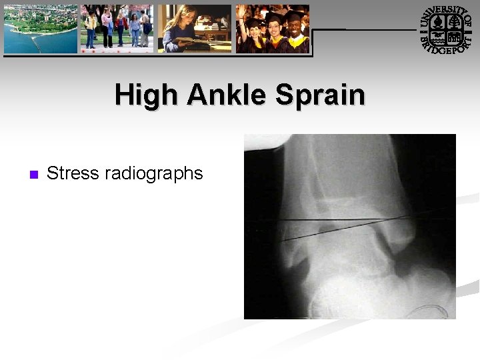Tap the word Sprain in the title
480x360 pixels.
click(331, 95)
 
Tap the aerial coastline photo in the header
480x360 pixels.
click(41, 29)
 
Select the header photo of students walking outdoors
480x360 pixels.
click(117, 29)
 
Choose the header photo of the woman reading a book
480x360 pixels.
click(194, 29)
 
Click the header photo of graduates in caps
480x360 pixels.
click(272, 29)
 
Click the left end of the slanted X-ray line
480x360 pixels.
click(283, 240)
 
